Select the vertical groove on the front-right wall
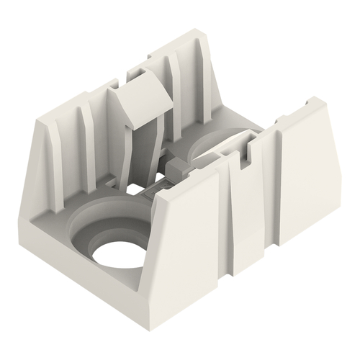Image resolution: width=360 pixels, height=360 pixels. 234,216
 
